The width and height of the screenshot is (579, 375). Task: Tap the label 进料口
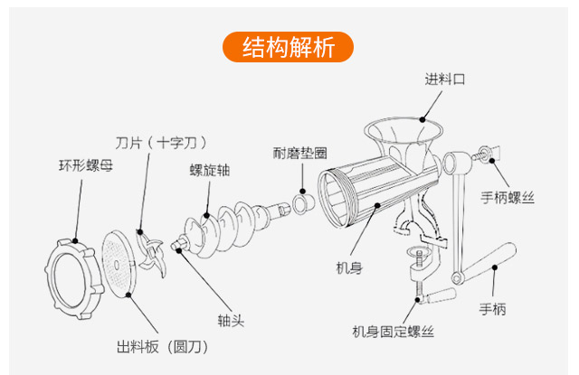pos(444,80)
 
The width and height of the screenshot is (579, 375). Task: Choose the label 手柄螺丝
pos(508,197)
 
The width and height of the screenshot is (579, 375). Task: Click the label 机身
pos(350,267)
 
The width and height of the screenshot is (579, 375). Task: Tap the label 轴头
pos(231,320)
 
